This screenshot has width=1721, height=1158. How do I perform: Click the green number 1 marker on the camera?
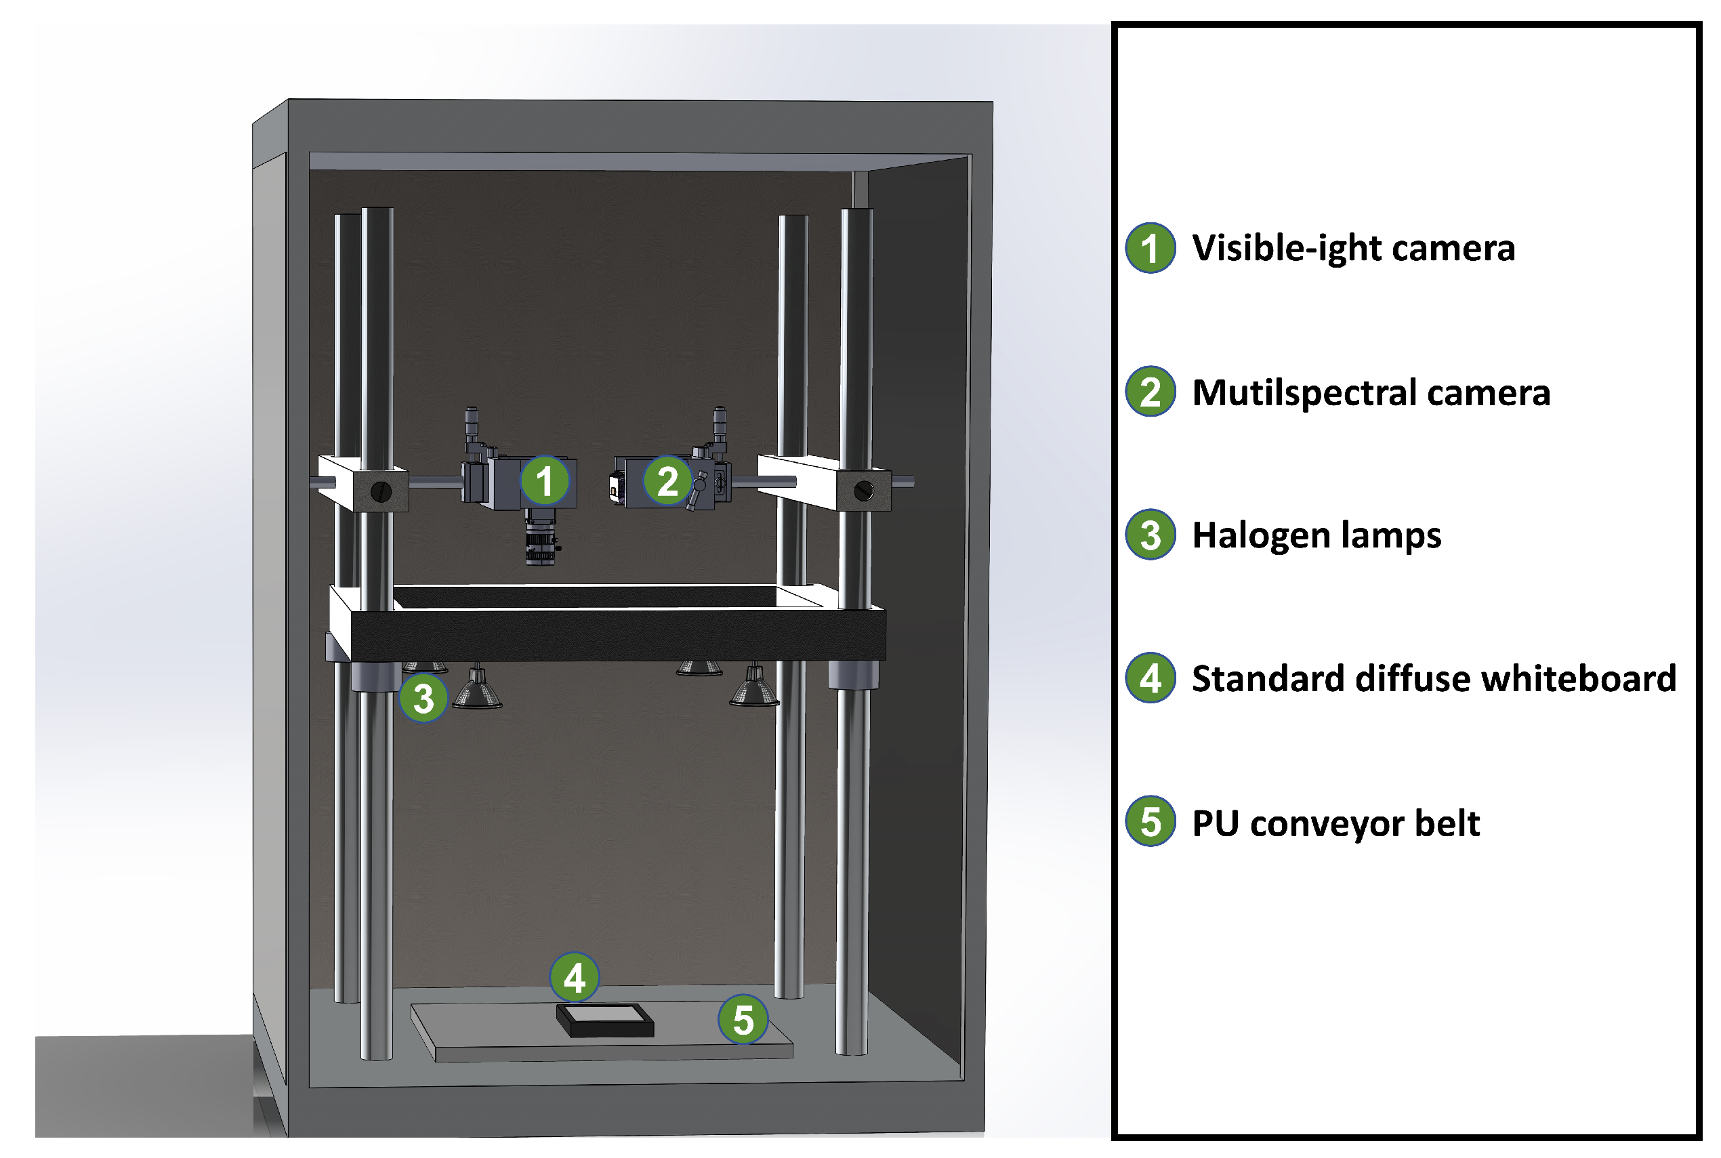(545, 481)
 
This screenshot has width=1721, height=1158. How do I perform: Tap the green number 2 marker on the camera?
(667, 481)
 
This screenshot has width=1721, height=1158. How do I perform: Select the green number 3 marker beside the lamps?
(423, 697)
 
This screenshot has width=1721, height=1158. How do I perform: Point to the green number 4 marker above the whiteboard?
(575, 977)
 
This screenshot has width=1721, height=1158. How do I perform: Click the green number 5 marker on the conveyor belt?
(743, 1019)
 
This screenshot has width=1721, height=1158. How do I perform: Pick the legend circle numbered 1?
(1150, 247)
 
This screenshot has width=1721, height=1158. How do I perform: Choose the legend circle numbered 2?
(1150, 392)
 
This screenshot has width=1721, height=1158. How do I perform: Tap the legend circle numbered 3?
(1150, 535)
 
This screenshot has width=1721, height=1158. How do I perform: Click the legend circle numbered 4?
(1150, 678)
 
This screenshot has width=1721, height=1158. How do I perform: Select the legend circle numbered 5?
(1150, 821)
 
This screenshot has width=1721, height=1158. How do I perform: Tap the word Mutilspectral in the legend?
(1302, 392)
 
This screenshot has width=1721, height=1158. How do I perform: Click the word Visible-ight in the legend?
(1285, 247)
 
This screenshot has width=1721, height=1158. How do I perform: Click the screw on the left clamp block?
(381, 491)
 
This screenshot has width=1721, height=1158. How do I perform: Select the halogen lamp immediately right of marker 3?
(477, 690)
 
